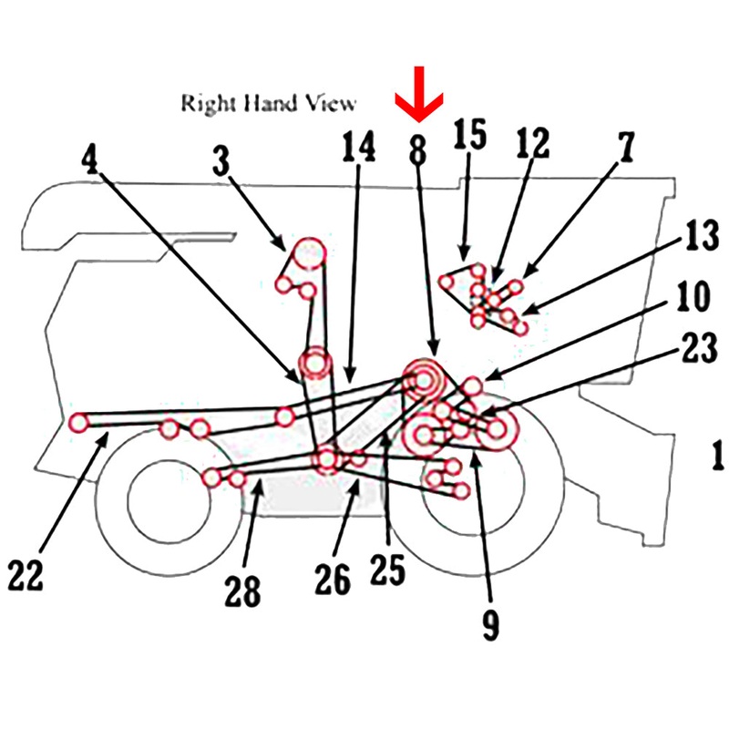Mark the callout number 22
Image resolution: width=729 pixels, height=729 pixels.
pyautogui.click(x=28, y=575)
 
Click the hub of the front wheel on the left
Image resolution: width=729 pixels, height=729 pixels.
pyautogui.click(x=158, y=498)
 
